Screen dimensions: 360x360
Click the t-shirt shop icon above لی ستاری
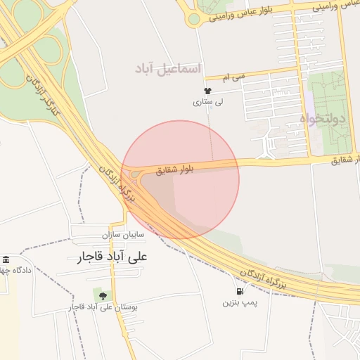[x=207, y=91]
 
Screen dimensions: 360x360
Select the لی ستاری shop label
[x=207, y=102]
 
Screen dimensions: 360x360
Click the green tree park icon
[x=103, y=295]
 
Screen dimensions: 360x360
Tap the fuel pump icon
[x=240, y=291]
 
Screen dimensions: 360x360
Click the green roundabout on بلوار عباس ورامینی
[x=193, y=19]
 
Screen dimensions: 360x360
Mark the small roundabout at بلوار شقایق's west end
[x=134, y=175]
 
